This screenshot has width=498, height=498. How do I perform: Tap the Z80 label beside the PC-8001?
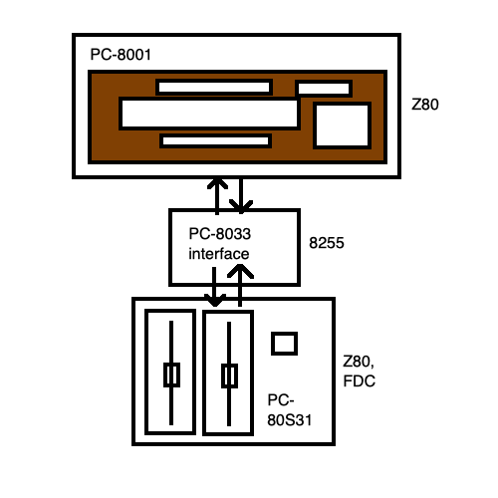[x=424, y=103]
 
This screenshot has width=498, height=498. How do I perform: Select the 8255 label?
[x=329, y=242]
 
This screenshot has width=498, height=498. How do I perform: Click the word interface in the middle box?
[x=218, y=254]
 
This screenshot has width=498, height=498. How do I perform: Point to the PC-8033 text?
[x=219, y=235]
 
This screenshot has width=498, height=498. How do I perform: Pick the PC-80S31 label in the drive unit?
[x=289, y=407]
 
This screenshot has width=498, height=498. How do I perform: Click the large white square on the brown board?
[x=341, y=126]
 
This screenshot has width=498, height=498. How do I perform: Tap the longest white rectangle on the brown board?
[x=209, y=113]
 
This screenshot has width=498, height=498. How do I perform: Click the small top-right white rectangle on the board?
[x=324, y=89]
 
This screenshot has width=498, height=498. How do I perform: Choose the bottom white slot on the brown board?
[x=214, y=140]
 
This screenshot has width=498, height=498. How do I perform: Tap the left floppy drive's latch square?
[x=171, y=374]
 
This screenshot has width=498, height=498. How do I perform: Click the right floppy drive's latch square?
[x=229, y=375]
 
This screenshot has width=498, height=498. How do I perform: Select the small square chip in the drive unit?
[x=285, y=343]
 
